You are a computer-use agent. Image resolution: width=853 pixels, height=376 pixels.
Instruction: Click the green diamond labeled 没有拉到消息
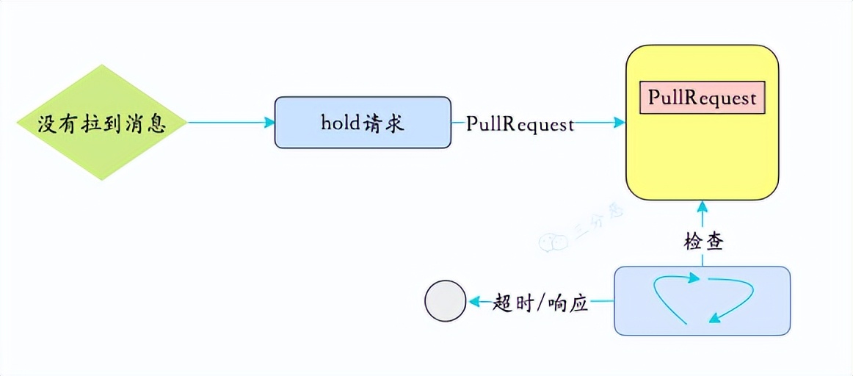pos(102,123)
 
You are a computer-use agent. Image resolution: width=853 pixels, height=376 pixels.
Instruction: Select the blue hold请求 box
pos(363,123)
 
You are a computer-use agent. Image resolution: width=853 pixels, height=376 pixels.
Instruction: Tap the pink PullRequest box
pos(703,98)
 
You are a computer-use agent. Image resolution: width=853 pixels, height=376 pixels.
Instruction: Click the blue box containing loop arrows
pos(702,301)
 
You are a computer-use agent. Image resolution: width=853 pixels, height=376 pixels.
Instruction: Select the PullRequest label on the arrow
pos(520,123)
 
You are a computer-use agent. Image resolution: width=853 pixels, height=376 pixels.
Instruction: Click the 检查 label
pos(703,242)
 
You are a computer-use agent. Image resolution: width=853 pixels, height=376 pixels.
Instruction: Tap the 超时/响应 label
pos(541,302)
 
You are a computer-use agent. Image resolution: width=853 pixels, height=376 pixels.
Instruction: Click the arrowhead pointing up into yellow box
pos(703,206)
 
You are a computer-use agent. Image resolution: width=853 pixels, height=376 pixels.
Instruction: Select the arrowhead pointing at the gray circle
pos(475,301)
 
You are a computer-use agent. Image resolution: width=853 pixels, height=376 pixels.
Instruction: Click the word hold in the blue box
pos(338,123)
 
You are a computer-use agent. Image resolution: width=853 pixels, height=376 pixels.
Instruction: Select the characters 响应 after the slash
pos(570,302)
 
